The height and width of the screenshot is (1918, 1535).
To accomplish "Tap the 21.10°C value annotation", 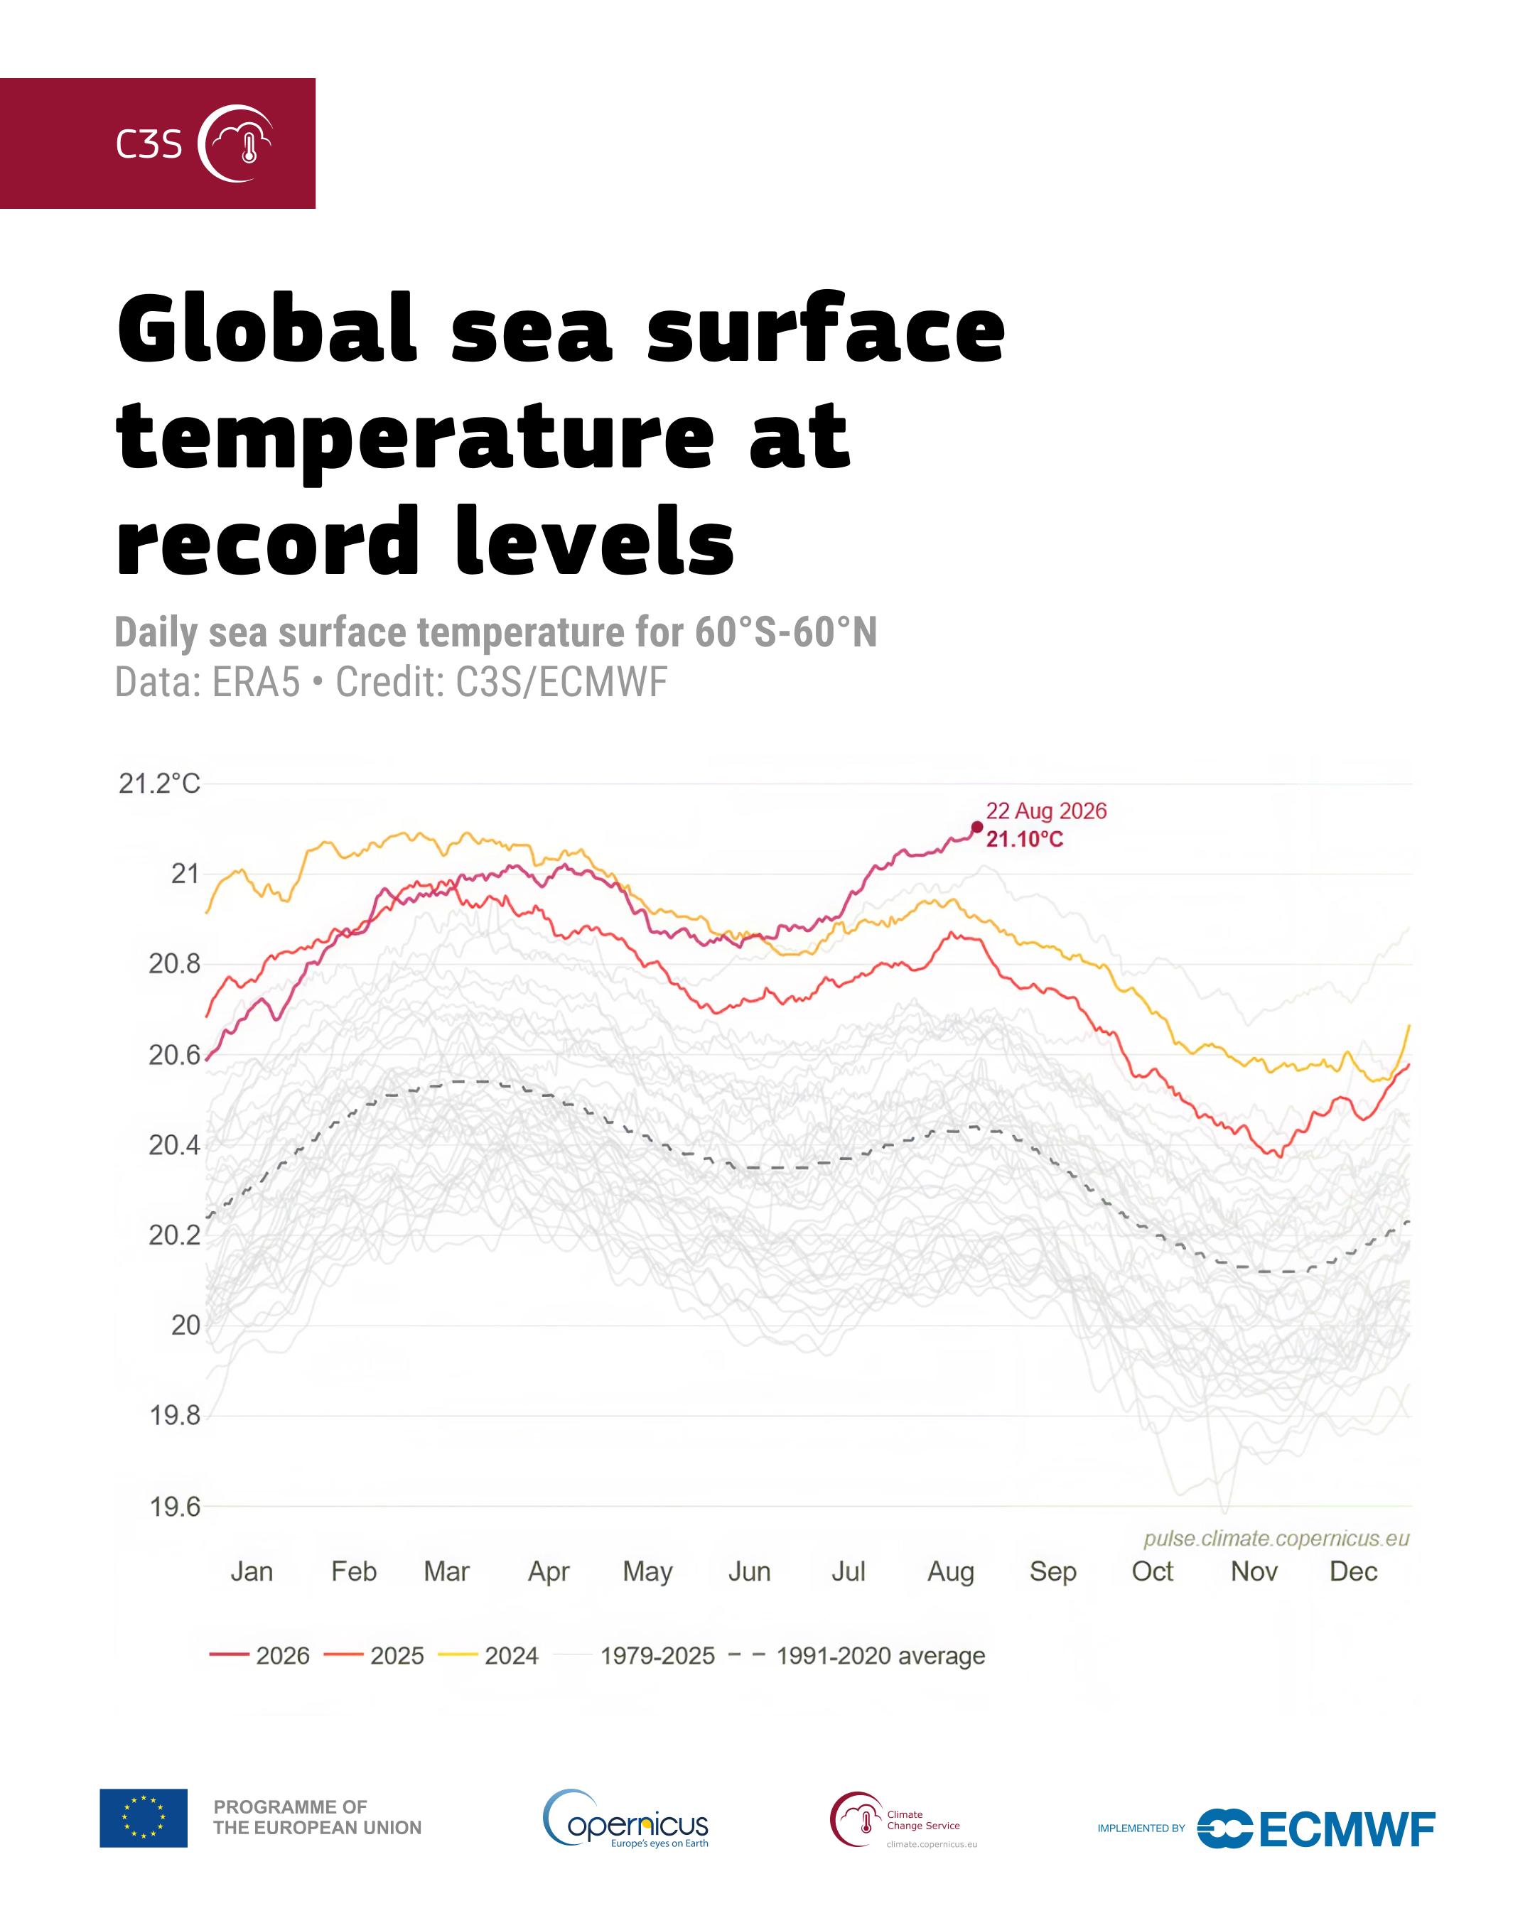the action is coord(1024,839).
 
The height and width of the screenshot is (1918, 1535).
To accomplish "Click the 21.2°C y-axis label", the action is coord(159,784).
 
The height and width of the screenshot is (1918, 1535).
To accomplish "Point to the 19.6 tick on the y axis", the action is coord(176,1507).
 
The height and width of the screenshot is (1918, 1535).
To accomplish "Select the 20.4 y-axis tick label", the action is coord(176,1145).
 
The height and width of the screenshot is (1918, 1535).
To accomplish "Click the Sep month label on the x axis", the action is coord(1052,1572).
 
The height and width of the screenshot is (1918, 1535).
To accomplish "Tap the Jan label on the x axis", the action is coord(252,1571).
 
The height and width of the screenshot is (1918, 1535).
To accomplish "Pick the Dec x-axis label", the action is coord(1354,1571).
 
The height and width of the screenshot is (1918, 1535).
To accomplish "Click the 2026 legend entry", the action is coord(260,1656).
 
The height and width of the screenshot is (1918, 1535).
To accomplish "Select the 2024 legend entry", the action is coord(488,1656).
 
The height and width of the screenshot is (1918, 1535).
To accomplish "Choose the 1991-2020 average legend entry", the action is coord(857,1656).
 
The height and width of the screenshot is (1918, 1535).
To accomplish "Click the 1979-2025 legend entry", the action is coord(635,1656).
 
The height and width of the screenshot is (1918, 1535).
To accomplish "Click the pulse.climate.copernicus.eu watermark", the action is coord(1276,1538).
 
